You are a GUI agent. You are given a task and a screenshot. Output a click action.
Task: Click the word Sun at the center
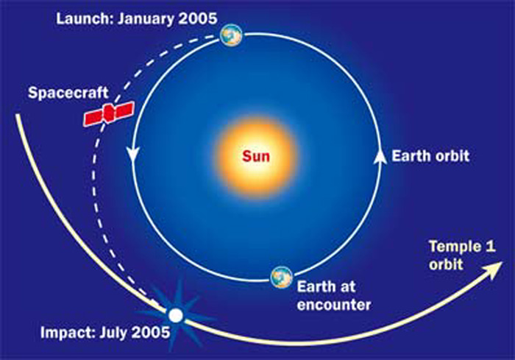pos(256,156)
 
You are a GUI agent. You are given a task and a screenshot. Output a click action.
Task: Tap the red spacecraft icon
pos(109,113)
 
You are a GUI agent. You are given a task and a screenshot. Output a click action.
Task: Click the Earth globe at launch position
pos(231,35)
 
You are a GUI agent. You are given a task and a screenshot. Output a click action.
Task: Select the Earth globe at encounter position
pos(282,277)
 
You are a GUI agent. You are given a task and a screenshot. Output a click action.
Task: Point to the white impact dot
pos(176,316)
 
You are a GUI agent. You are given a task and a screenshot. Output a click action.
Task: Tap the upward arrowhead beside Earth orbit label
pos(380,156)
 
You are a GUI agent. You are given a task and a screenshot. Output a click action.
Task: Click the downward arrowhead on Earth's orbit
pos(133,155)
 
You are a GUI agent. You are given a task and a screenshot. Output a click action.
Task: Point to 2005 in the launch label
pos(198,18)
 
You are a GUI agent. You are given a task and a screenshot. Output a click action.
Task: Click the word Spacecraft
pos(68,93)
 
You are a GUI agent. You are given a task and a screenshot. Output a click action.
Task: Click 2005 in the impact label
pos(151,332)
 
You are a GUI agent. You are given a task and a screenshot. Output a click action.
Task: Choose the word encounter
pos(334,305)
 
